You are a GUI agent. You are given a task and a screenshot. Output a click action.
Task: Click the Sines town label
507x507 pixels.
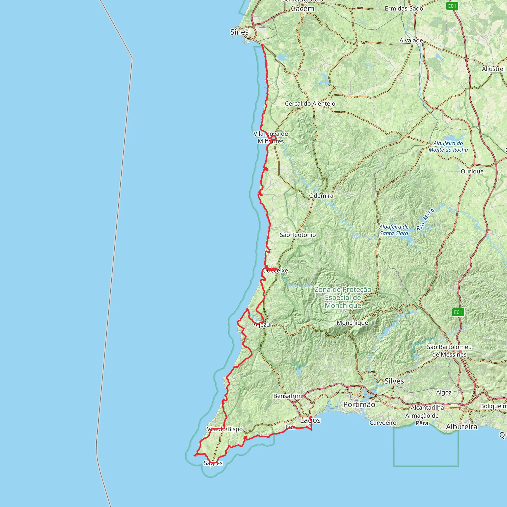click(239, 32)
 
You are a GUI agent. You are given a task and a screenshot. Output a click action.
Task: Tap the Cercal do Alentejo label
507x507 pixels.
click(310, 104)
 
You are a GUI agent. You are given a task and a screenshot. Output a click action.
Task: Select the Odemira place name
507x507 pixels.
click(321, 196)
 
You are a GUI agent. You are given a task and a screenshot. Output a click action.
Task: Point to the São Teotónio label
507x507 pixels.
click(298, 235)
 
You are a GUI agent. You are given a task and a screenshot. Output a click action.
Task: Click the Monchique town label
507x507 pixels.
click(352, 323)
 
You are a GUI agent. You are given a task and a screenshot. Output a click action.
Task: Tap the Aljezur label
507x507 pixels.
click(263, 325)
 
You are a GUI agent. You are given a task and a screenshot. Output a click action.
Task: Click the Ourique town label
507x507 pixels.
click(472, 171)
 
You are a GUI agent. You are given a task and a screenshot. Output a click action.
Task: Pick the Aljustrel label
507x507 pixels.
click(493, 69)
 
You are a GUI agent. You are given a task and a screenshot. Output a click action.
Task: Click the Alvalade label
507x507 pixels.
click(411, 40)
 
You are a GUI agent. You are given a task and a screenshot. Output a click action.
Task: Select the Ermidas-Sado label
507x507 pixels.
click(404, 9)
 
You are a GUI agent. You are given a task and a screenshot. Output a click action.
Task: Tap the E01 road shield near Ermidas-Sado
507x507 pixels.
click(452, 6)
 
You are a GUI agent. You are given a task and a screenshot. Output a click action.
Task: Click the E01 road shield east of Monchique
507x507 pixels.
click(458, 312)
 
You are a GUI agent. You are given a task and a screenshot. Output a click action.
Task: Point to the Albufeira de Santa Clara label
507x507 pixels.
click(394, 230)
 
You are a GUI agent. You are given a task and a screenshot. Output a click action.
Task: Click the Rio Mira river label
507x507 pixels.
click(425, 219)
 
